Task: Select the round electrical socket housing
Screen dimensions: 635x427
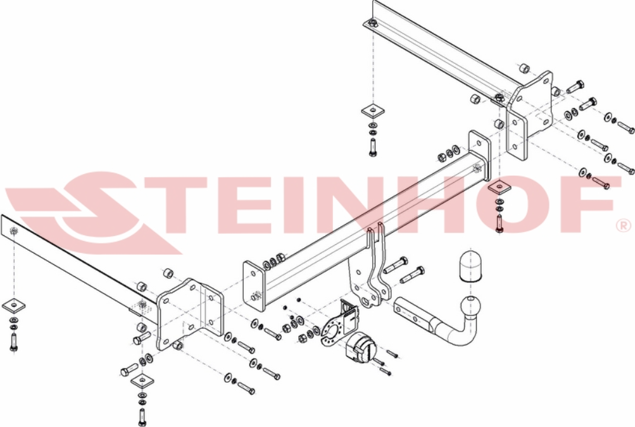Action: coord(360,349)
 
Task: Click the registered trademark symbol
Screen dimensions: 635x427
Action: coord(624,225)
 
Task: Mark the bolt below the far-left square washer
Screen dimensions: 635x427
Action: coord(13,342)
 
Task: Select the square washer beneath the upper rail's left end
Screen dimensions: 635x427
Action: coord(372,111)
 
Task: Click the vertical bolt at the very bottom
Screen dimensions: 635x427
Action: coord(142,416)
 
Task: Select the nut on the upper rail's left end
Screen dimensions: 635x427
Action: coord(372,23)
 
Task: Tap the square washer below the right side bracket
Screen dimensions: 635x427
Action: coord(499,187)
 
